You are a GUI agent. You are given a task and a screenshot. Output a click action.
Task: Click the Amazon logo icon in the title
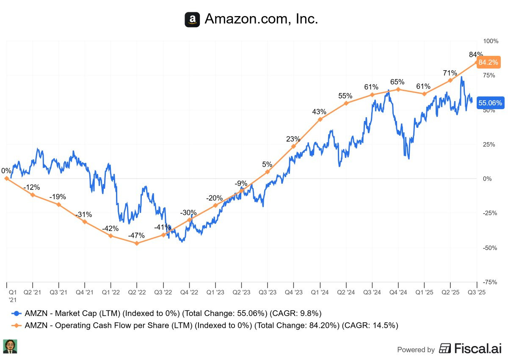click(192, 19)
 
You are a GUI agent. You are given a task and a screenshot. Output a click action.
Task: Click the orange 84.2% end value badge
click(488, 63)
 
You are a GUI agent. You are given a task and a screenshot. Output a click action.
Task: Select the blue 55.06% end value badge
click(490, 103)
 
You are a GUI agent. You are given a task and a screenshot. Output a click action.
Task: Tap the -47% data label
click(137, 236)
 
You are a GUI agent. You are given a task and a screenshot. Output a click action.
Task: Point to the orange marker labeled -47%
click(136, 243)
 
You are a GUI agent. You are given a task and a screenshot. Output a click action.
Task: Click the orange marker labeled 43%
click(320, 119)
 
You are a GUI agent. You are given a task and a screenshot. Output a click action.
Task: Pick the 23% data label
click(293, 139)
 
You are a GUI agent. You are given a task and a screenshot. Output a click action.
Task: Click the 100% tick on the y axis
click(491, 41)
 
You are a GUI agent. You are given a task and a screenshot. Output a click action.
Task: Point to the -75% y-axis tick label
click(490, 282)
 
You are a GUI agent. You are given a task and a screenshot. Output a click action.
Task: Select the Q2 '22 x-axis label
click(137, 292)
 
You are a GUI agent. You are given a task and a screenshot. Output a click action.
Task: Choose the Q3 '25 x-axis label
click(477, 292)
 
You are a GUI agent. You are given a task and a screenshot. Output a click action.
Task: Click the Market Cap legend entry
click(167, 313)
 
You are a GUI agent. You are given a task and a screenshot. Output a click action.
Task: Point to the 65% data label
click(398, 82)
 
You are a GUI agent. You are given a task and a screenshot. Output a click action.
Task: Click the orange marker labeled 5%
click(267, 172)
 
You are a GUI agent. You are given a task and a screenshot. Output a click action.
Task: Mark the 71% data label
click(450, 73)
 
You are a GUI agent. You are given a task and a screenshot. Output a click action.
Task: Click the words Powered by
click(416, 350)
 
